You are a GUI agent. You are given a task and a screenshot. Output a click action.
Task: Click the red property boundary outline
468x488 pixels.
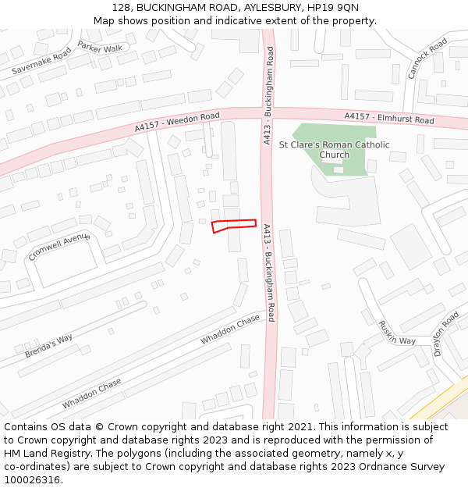coord(234,225)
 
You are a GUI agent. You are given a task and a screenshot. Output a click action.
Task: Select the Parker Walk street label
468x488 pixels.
coord(100,48)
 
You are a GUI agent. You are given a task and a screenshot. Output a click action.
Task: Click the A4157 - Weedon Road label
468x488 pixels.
coord(177,122)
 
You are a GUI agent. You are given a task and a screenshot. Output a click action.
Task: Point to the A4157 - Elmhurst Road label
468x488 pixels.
coord(389,118)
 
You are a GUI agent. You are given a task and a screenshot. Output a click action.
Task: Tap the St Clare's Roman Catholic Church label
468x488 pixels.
coord(334,149)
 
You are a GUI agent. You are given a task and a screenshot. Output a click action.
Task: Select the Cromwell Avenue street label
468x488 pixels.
coord(59,248)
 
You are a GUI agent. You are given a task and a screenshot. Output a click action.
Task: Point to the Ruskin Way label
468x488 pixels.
coord(396,332)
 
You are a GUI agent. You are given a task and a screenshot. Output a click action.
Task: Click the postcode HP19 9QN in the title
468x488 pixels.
coord(331,7)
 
